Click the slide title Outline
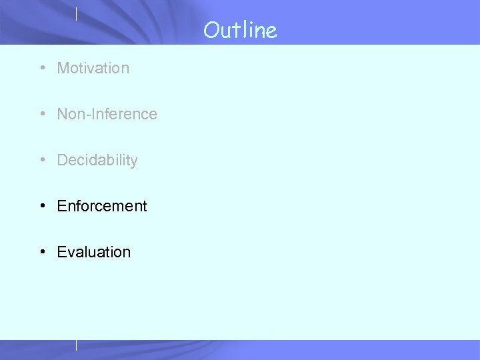pos(240,30)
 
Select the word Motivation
pos(93,68)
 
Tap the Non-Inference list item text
pos(107,114)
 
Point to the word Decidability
pos(97,160)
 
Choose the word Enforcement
pos(102,206)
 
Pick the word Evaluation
pos(94,252)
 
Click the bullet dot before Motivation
pos(42,68)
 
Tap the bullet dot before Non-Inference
pos(42,114)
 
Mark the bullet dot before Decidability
pos(42,160)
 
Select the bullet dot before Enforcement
pos(42,206)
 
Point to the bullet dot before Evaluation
pos(42,252)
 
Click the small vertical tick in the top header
pos(77,13)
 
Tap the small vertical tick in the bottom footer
pos(77,345)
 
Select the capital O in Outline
pos(211,30)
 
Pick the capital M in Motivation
pos(63,68)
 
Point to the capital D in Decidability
pos(62,160)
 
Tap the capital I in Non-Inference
pos(91,114)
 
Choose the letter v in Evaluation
pos(70,253)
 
